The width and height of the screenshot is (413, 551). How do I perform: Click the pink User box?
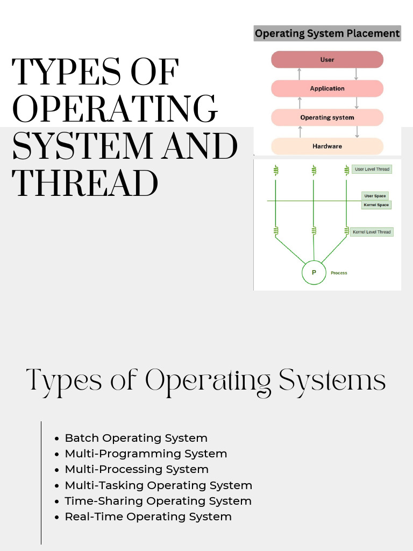[x=327, y=60]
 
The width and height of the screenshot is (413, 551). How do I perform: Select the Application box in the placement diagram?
[x=327, y=88]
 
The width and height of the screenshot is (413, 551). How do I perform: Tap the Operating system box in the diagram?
[x=327, y=117]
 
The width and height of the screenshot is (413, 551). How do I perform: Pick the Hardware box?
[x=327, y=146]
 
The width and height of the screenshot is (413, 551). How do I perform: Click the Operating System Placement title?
[x=327, y=33]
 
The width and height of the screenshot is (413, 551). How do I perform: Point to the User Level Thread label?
[x=372, y=169]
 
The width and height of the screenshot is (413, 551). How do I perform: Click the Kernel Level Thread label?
[x=371, y=232]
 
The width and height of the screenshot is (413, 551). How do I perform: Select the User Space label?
[x=375, y=196]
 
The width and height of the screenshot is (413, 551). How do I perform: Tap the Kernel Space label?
[x=376, y=205]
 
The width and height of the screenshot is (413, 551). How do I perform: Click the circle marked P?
[x=314, y=273]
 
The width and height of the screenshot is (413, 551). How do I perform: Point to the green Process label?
[x=339, y=273]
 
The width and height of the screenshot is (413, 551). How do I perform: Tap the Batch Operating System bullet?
[x=136, y=438]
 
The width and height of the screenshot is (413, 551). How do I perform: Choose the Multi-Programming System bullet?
[x=146, y=454]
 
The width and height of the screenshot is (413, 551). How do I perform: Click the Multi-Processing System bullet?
[x=137, y=469]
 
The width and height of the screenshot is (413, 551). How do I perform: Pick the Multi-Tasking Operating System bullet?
[x=158, y=485]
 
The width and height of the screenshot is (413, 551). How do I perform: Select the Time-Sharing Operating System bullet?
[x=158, y=501]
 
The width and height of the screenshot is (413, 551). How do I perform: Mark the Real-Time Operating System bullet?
[x=148, y=517]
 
